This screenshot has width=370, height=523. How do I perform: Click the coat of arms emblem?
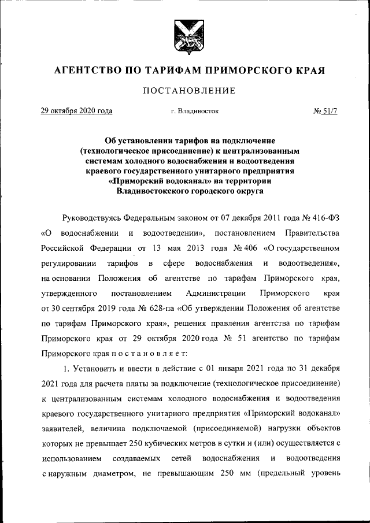click(x=184, y=36)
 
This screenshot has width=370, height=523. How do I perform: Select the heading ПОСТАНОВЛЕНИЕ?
click(x=184, y=91)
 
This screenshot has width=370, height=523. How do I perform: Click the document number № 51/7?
click(x=325, y=110)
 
